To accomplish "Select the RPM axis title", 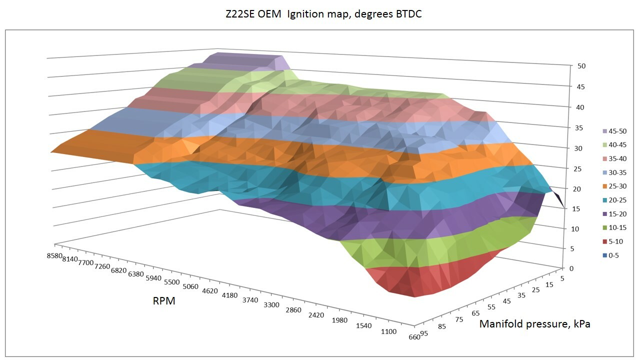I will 164,301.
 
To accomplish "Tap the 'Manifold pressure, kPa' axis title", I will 534,324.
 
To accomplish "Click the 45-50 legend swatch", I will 605,131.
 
